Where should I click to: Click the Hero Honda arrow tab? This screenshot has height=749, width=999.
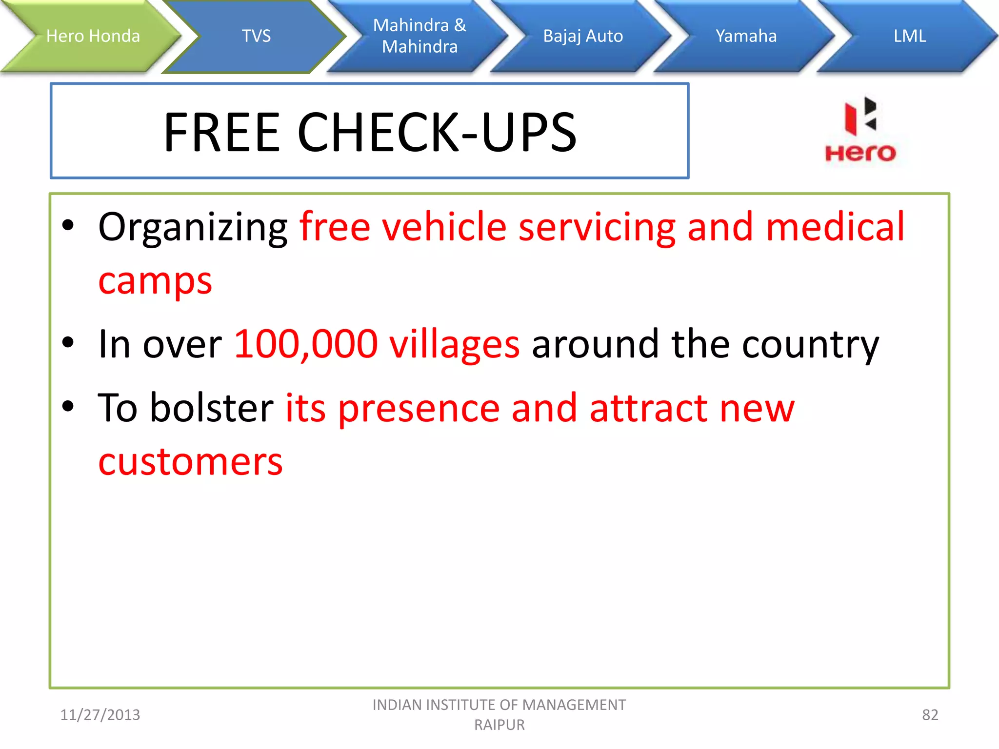click(93, 36)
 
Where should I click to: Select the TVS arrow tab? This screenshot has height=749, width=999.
click(256, 36)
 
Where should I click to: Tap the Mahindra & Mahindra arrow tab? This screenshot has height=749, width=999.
click(420, 36)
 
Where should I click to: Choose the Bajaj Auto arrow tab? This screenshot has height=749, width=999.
click(583, 36)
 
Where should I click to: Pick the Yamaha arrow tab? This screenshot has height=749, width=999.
click(746, 36)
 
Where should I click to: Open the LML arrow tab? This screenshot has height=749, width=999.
click(909, 36)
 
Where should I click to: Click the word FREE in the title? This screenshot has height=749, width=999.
click(222, 132)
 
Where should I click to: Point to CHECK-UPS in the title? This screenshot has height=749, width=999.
click(437, 132)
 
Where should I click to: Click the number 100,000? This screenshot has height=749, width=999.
click(306, 344)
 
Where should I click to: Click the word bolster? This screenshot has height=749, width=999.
click(211, 408)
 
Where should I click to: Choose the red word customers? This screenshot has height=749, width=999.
click(190, 461)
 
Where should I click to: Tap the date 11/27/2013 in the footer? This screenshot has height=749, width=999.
click(100, 715)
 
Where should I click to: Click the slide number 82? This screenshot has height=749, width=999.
click(930, 715)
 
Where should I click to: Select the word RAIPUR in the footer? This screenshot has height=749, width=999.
click(499, 725)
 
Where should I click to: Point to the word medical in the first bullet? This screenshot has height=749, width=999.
click(835, 227)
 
